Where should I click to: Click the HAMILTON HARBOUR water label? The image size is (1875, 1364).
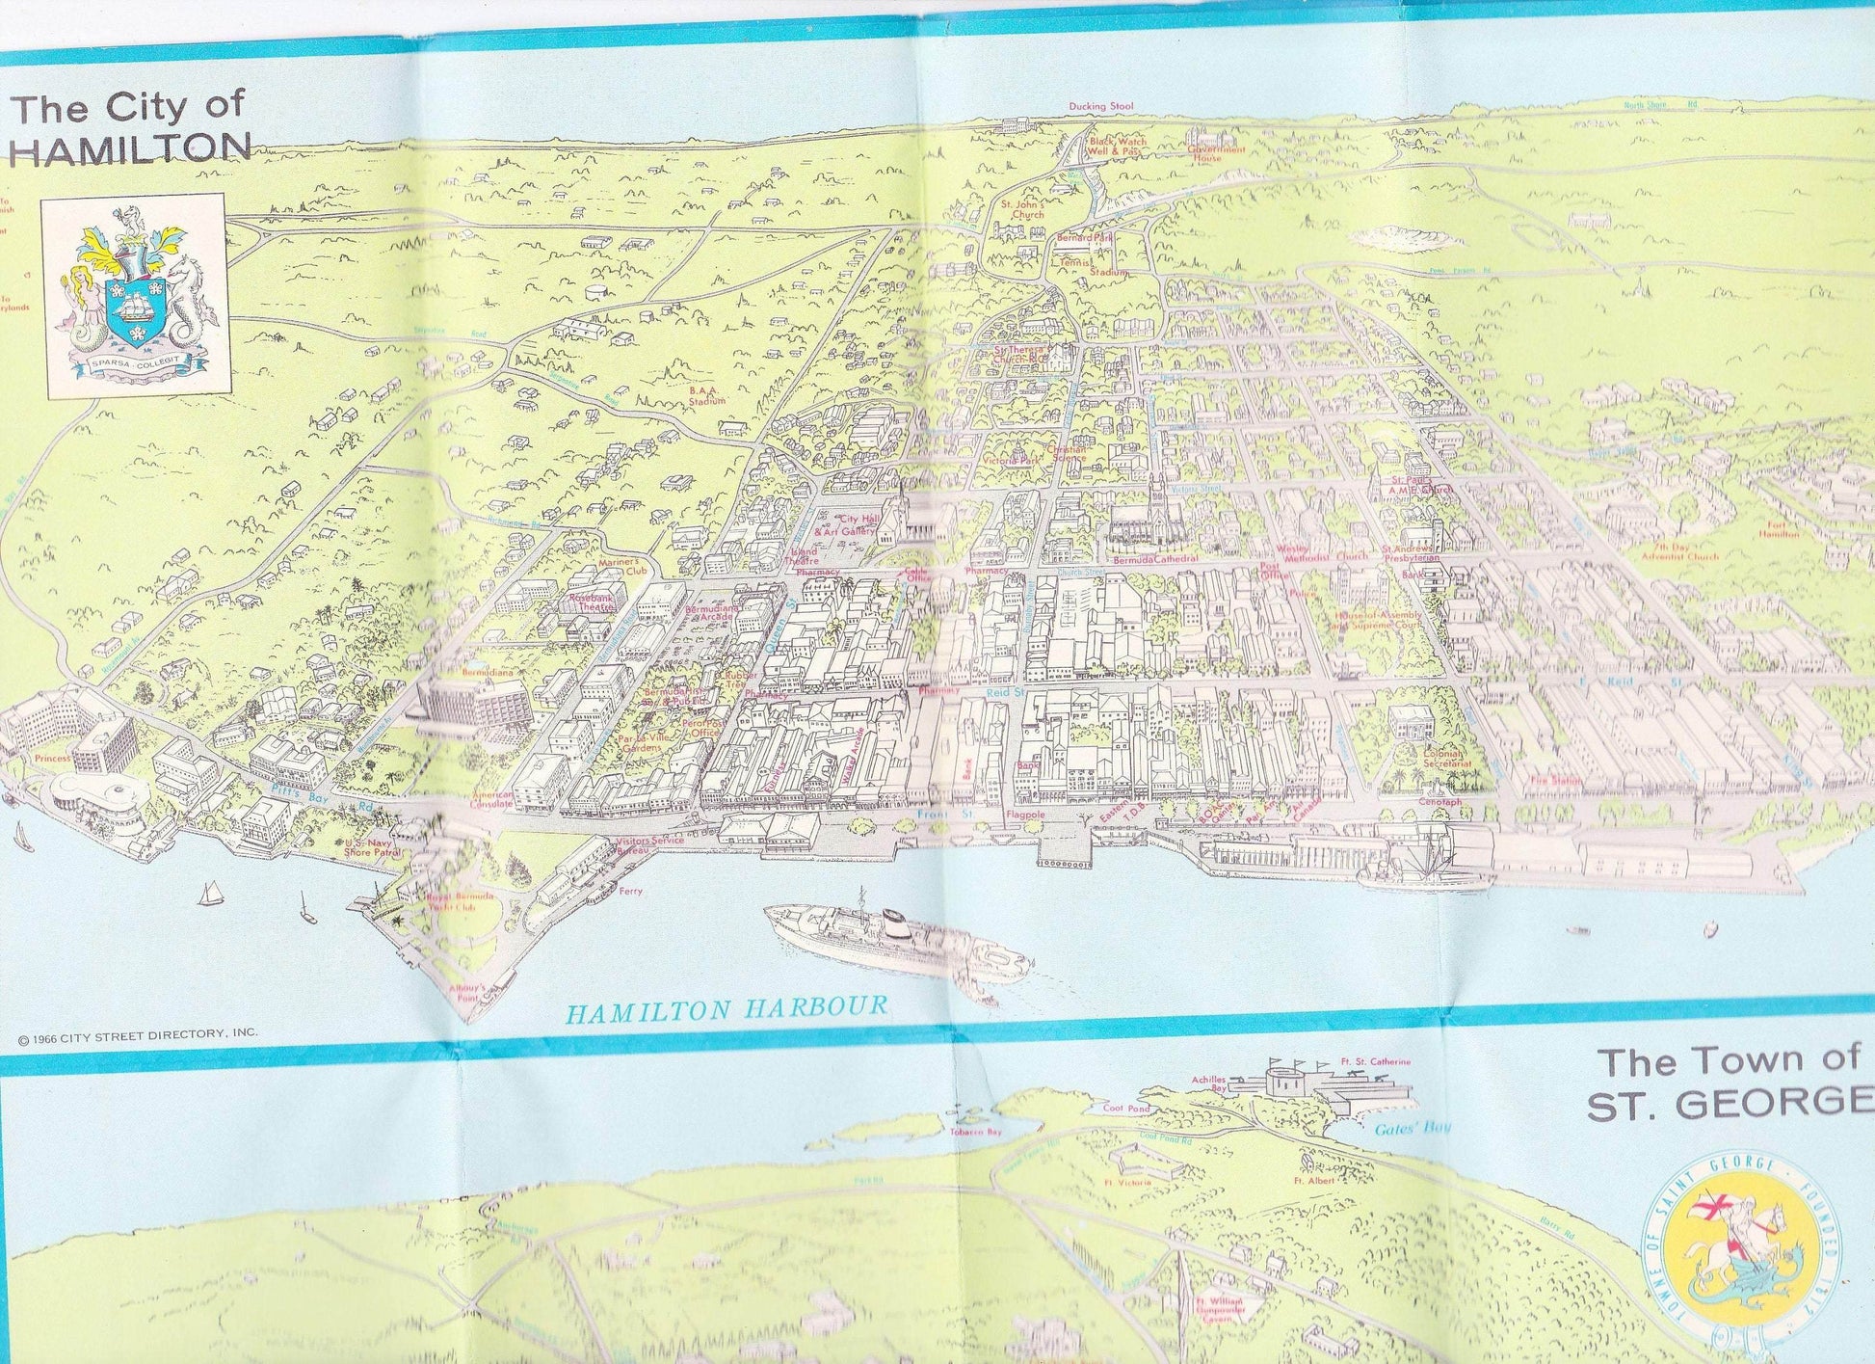726,1010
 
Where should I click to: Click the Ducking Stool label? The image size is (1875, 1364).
1101,106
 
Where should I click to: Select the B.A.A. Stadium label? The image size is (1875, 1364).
706,395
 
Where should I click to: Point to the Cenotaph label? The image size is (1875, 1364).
1440,801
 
